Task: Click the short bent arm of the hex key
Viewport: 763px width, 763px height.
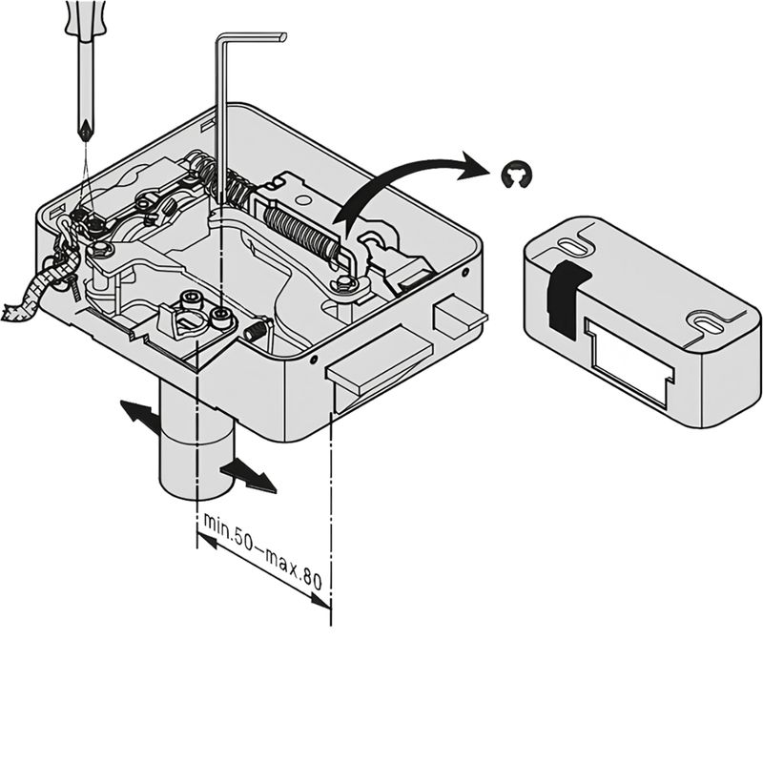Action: (251, 37)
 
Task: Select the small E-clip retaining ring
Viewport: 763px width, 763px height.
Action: (517, 175)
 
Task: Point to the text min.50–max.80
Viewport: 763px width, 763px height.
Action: (262, 550)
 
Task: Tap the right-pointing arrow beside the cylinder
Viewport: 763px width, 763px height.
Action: (249, 476)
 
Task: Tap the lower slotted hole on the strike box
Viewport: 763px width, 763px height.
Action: (705, 322)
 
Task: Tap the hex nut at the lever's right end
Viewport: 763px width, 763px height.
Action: (345, 282)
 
